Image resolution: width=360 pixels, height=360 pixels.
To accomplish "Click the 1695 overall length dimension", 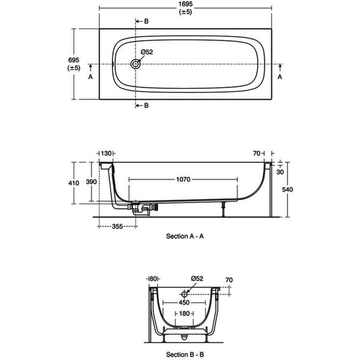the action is point(185,4).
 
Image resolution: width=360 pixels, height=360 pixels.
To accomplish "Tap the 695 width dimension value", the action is point(74,60).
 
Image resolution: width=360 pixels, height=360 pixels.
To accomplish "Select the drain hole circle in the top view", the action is point(135,64).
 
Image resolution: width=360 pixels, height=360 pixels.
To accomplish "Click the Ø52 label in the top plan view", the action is point(147,52).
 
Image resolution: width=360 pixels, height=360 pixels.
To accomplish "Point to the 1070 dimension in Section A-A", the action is point(183,179).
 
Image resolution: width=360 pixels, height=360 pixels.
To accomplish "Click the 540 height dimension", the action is point(288,189).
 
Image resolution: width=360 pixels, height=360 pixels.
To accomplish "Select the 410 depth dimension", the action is point(74,183).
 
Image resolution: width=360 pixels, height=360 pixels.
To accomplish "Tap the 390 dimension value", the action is point(91,182).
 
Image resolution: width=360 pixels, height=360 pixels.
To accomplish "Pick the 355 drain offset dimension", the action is point(117,227).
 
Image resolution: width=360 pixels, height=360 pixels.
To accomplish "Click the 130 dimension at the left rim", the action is point(106,153).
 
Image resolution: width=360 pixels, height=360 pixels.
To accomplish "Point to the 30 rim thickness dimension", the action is point(280,172).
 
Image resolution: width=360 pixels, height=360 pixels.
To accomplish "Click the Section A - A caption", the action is point(185,236).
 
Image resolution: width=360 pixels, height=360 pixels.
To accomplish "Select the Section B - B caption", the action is point(185,354).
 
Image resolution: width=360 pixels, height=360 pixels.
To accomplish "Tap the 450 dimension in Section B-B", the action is point(184,302).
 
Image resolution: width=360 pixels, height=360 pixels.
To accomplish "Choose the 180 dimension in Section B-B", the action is point(184,313).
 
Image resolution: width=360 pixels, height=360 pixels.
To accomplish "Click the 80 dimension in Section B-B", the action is point(153,279).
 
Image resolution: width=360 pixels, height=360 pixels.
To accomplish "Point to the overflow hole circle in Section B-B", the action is point(184,294).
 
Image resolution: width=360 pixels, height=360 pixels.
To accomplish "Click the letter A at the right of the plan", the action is point(279,76).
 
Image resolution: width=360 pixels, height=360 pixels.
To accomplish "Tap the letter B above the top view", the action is point(146,21).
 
